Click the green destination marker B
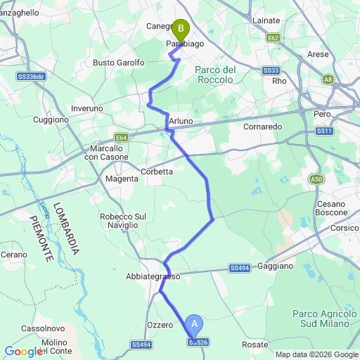click(181, 29)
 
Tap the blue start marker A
click(195, 325)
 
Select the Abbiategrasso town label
click(153, 276)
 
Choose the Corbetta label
click(157, 172)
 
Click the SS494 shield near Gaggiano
click(239, 268)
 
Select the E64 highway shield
click(122, 138)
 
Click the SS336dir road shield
click(30, 76)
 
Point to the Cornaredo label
click(262, 127)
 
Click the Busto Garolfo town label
click(119, 63)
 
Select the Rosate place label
click(255, 345)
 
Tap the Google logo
click(22, 352)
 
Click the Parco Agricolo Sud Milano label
click(324, 318)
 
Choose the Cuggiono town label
click(51, 120)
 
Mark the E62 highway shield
click(274, 38)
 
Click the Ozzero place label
click(160, 324)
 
